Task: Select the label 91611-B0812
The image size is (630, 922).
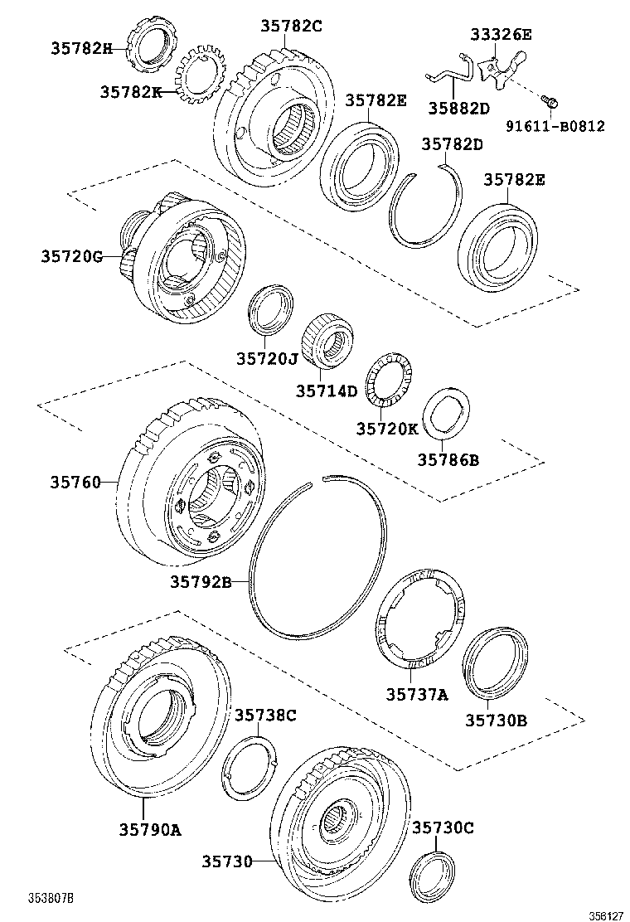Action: [555, 127]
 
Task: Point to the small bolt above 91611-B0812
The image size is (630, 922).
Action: [550, 101]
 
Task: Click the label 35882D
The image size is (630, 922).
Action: [458, 108]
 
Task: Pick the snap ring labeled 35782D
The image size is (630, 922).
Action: [428, 206]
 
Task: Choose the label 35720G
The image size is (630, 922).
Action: [71, 257]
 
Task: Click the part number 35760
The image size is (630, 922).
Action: [75, 482]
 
